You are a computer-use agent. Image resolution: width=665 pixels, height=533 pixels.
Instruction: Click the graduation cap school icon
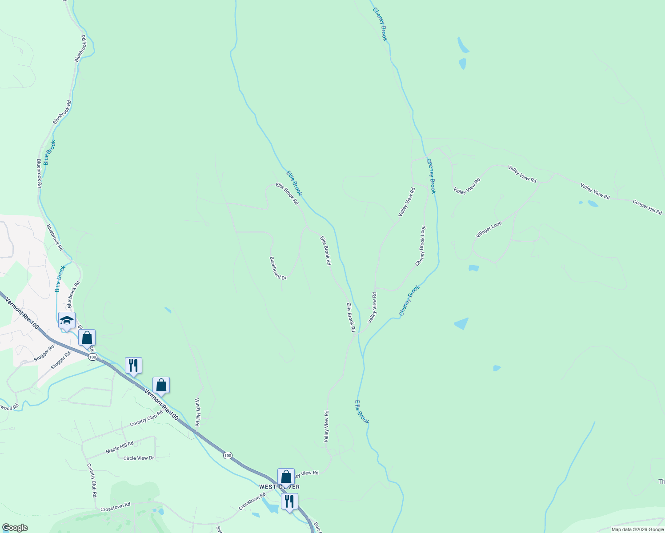(x=67, y=320)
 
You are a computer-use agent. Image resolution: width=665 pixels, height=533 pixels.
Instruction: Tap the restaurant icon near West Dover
(x=289, y=501)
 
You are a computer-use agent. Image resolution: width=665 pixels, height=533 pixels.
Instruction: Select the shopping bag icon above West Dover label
(x=286, y=477)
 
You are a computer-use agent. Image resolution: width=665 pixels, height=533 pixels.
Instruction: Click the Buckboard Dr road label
(x=278, y=268)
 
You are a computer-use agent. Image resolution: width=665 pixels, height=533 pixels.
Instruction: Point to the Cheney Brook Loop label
(x=421, y=246)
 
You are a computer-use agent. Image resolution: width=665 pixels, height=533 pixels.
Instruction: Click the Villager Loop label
(x=489, y=230)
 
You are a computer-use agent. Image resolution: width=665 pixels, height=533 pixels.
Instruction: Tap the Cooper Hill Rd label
(x=647, y=207)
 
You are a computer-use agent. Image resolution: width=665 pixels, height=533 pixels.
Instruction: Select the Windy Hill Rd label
(x=197, y=413)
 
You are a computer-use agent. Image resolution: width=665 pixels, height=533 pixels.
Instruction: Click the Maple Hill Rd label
(x=120, y=448)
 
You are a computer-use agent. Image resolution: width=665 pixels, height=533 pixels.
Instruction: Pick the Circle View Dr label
(x=139, y=458)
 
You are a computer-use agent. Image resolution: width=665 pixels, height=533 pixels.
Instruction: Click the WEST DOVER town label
(x=279, y=487)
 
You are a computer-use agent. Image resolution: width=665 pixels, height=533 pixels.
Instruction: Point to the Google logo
(x=15, y=528)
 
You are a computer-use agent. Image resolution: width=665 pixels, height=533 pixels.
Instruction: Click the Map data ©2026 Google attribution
(x=637, y=529)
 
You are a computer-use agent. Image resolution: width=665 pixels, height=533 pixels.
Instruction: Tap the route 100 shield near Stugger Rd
(x=92, y=357)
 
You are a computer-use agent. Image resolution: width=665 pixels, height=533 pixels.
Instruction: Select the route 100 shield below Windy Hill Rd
(x=228, y=456)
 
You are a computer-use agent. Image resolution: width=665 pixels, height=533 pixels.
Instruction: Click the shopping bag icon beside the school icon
(x=87, y=338)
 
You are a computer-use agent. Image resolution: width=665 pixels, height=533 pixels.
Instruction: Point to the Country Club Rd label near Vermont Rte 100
(x=146, y=418)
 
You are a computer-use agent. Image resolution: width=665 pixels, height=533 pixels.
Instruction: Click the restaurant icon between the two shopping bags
(x=133, y=366)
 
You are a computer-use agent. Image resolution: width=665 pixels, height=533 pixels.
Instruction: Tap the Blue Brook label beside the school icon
(x=60, y=279)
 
